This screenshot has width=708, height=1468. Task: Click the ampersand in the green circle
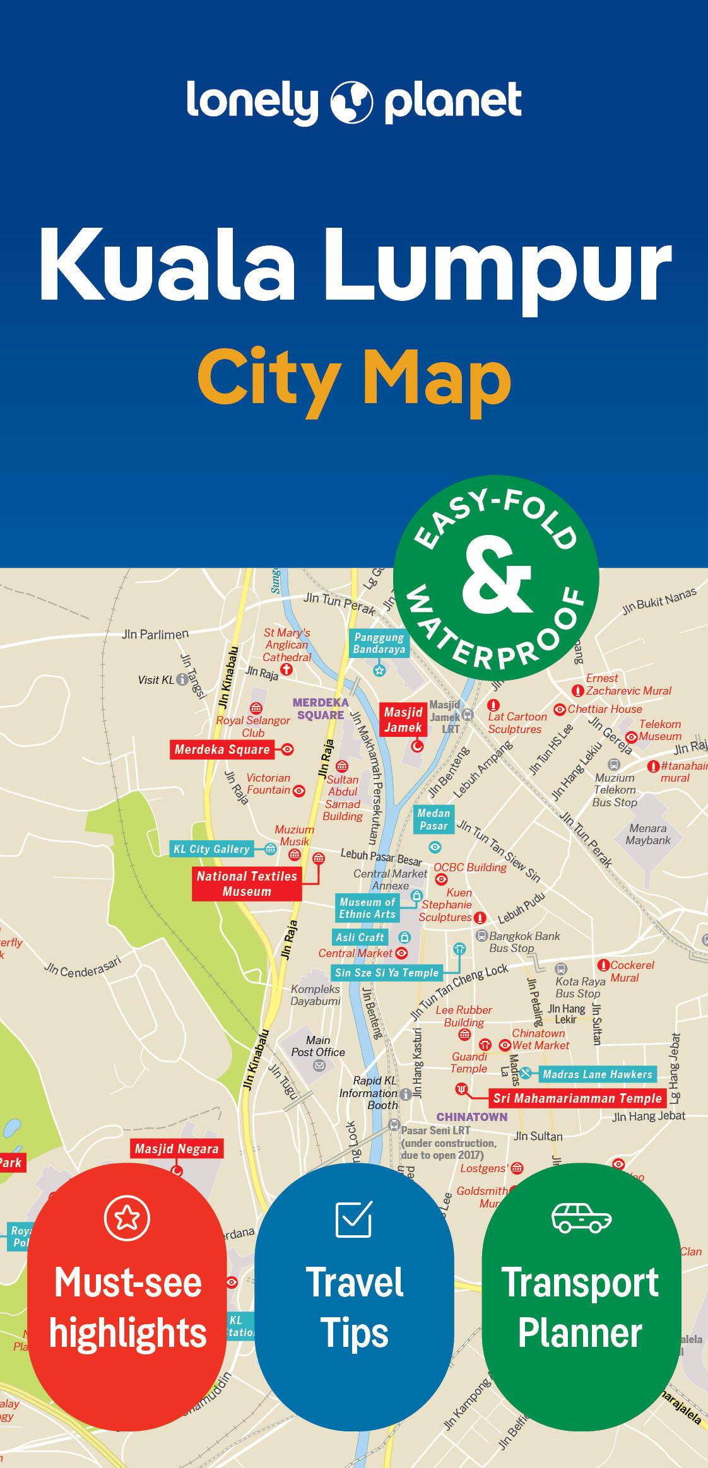tap(497, 577)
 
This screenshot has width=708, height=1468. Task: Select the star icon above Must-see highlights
tap(127, 1218)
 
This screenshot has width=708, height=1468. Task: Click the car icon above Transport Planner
tap(581, 1217)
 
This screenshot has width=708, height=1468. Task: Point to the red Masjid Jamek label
tap(403, 720)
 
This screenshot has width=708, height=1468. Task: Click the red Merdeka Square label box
tap(222, 749)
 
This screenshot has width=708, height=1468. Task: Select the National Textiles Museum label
tap(247, 883)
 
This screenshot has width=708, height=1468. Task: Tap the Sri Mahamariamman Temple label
tap(577, 1098)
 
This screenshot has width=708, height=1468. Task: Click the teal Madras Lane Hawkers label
tap(597, 1074)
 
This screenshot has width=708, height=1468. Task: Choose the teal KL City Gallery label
tap(211, 849)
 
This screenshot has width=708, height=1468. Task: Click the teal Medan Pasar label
tap(434, 819)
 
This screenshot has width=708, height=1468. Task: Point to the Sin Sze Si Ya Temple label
tap(386, 972)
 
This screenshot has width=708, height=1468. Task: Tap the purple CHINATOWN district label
tap(471, 1117)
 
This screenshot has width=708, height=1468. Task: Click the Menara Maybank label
tap(647, 834)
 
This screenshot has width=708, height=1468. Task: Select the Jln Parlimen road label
tap(155, 634)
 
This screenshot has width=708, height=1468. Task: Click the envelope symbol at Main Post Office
tap(319, 1066)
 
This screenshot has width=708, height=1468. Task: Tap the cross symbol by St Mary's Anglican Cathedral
tap(286, 669)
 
